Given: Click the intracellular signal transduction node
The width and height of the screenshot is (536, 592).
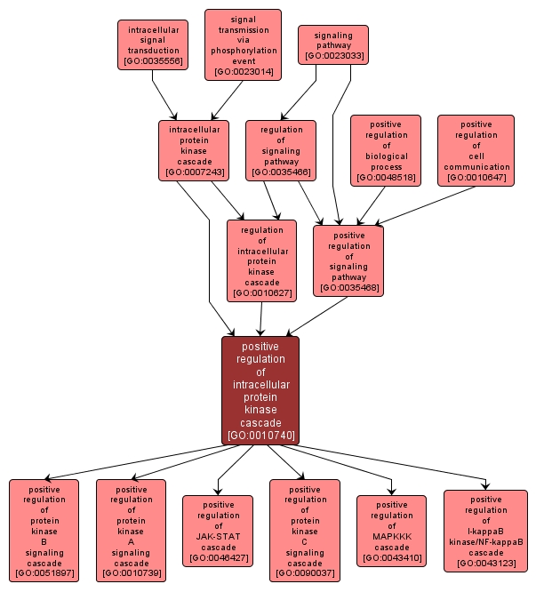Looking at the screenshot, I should coord(153,44).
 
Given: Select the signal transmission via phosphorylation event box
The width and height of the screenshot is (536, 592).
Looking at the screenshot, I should coord(243,44).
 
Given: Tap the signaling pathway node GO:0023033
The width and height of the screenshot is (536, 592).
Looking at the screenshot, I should coord(333,44).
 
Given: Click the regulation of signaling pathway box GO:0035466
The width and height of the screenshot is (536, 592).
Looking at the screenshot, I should coord(281,150).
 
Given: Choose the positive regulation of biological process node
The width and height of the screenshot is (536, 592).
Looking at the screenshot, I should coord(386,150).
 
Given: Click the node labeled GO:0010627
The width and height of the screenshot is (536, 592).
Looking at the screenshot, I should coord(261,261).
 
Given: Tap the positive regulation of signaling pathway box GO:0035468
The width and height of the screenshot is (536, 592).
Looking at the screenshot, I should coord(348,261).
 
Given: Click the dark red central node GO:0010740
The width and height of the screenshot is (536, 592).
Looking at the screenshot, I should coord(260,390).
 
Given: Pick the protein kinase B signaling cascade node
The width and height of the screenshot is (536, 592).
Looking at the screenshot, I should coord(44,531).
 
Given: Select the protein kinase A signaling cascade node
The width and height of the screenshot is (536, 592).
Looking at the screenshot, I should coord(131,531).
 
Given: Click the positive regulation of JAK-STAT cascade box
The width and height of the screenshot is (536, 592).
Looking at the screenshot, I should coord(218,531).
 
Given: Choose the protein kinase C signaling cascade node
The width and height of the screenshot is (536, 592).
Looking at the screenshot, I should coord(305,531).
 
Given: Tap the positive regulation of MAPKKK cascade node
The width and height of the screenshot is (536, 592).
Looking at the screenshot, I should coord(391,531).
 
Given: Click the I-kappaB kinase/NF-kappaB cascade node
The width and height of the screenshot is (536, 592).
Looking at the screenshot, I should coord(486,531).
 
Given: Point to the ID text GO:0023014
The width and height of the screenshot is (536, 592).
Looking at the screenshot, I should coord(243,72).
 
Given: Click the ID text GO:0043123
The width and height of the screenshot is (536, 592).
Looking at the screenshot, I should coord(486,564).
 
